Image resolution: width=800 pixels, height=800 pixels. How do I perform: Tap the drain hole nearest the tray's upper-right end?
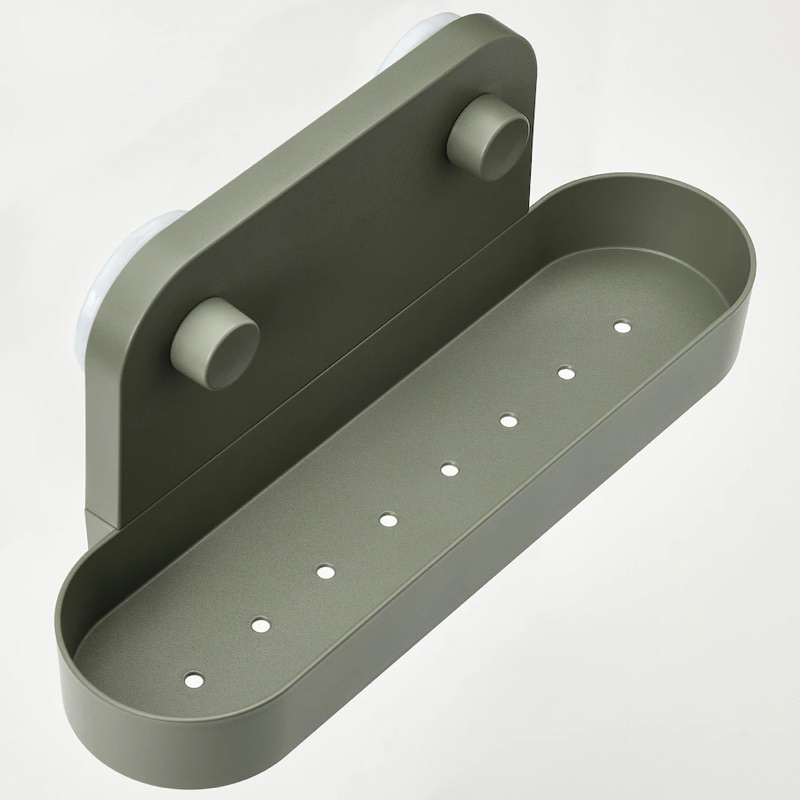(622, 326)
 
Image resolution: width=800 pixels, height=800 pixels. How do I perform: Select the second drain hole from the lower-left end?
(260, 624)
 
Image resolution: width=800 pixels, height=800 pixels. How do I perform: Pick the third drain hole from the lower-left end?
(324, 572)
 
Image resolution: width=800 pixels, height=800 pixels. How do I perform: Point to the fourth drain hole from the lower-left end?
(386, 519)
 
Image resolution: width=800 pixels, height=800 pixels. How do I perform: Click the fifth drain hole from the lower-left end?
(448, 468)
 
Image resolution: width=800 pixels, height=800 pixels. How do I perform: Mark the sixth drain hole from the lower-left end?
(508, 420)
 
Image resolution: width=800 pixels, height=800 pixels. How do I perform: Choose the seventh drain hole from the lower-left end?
(566, 374)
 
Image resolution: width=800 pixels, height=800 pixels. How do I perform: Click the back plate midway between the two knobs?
(350, 240)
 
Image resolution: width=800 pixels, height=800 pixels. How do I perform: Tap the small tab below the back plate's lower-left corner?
(97, 521)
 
